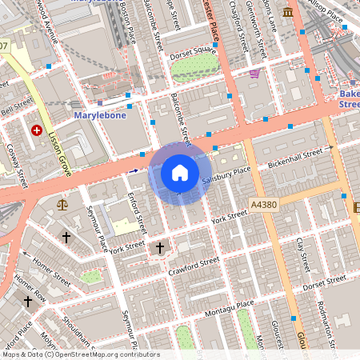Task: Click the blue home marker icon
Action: point(180,173)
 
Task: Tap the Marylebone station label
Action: point(100,115)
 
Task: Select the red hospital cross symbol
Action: point(36,130)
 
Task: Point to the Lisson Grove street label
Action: point(61,152)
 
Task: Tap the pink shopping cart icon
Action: point(254,74)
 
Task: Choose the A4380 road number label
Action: point(262,205)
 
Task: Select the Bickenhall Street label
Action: point(301,154)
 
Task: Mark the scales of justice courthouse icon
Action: point(63,205)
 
